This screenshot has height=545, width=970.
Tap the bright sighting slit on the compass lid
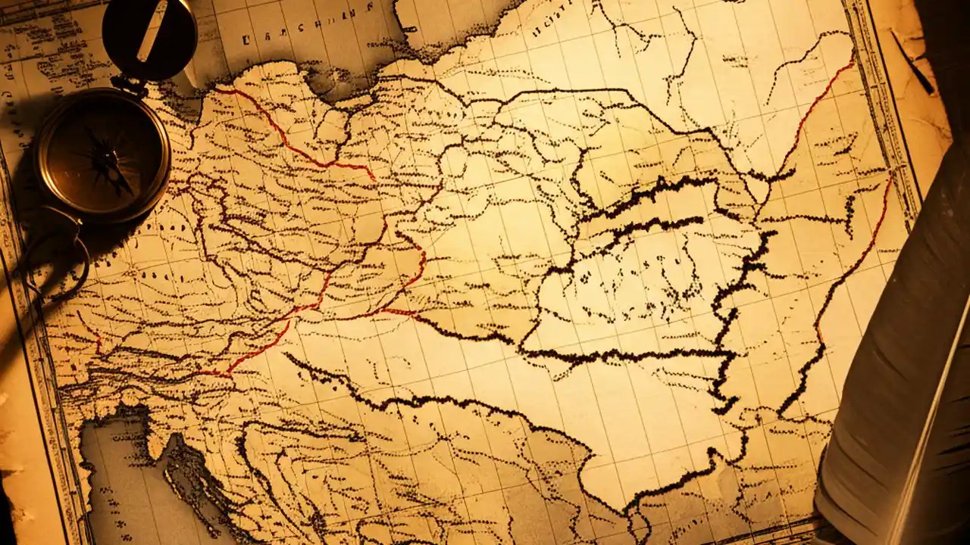tap(152, 31)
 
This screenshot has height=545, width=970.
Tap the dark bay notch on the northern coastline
tap(333, 83)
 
